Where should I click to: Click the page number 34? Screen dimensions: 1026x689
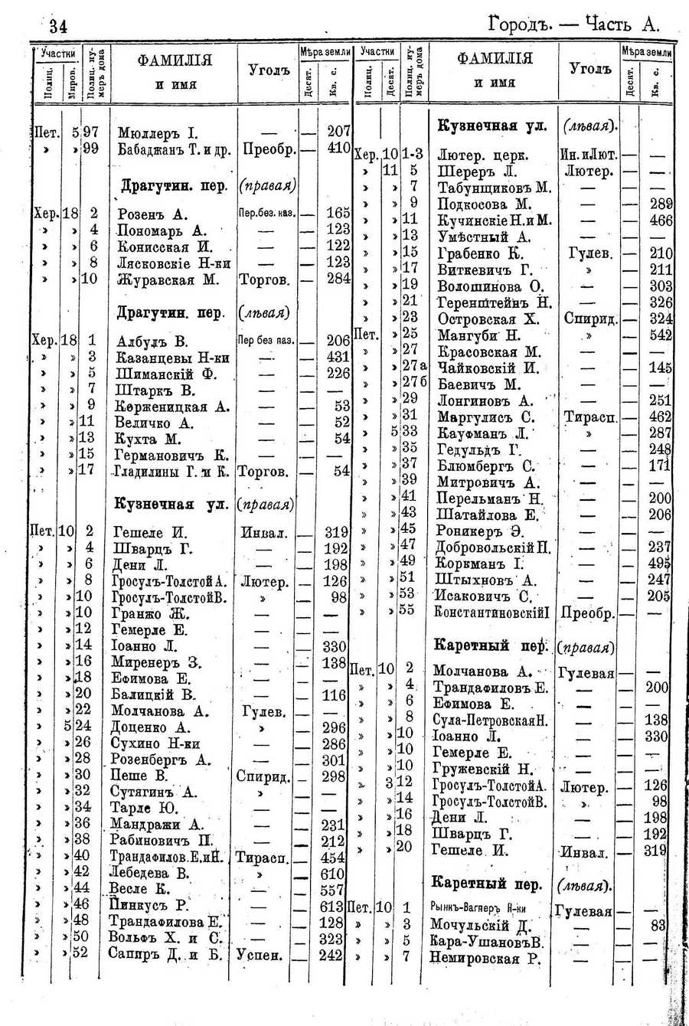click(58, 27)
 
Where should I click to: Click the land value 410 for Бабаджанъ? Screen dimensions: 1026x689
click(338, 149)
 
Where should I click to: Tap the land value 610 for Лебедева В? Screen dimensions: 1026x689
click(333, 872)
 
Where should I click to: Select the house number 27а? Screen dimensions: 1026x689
click(414, 368)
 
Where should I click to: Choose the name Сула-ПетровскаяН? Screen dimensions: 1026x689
click(490, 719)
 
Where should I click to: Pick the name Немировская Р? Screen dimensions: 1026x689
click(485, 957)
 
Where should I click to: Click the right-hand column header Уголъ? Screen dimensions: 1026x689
click(591, 69)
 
